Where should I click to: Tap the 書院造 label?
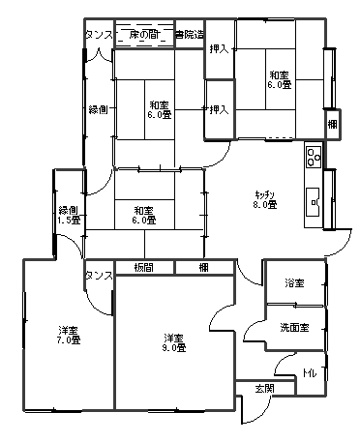pos(189,36)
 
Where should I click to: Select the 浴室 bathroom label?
pos(294,283)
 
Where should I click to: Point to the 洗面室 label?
pos(294,328)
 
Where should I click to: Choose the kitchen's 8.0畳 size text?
pos(265,205)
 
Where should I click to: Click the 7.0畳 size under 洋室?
pos(67,340)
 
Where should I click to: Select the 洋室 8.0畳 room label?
pos(173,342)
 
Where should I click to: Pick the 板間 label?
pos(144,268)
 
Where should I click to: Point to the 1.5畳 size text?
pos(68,221)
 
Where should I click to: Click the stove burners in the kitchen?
pos(314,154)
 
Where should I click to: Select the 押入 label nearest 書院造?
pos(219,48)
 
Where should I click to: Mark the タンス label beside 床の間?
pos(99,36)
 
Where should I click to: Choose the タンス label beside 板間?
pos(99,276)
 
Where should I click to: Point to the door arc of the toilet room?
pos(285,366)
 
